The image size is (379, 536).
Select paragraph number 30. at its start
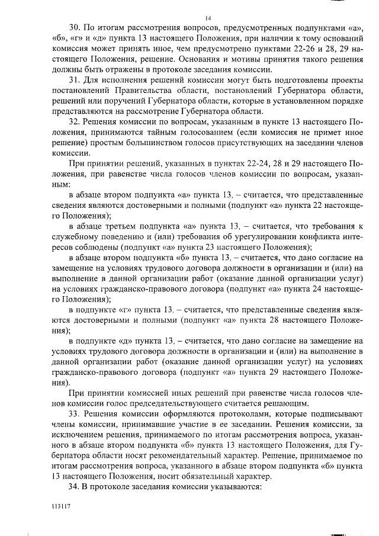[x=76, y=27]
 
